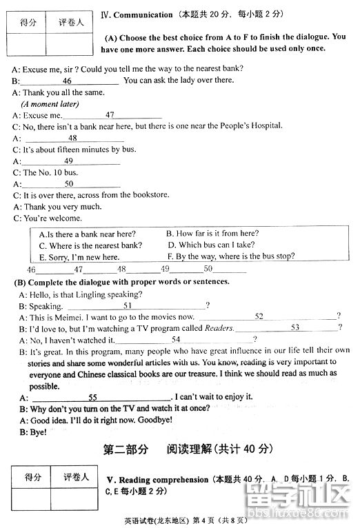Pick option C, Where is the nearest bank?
(90, 245)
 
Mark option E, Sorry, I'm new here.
(79, 256)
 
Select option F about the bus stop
(230, 256)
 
